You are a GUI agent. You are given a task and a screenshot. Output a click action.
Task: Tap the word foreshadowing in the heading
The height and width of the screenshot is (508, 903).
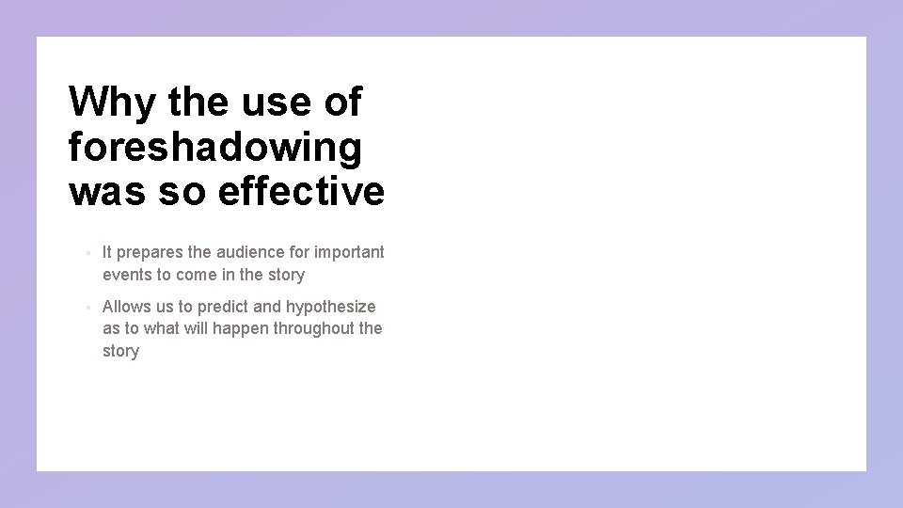[x=214, y=148]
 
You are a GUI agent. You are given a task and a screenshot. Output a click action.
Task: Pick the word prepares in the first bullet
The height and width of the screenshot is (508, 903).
[x=147, y=252]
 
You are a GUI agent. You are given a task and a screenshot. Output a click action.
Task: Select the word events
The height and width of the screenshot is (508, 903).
[x=126, y=275]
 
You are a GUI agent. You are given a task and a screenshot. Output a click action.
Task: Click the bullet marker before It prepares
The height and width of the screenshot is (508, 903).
[x=87, y=253]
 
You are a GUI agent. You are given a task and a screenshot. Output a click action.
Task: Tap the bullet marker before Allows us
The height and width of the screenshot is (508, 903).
[x=87, y=308]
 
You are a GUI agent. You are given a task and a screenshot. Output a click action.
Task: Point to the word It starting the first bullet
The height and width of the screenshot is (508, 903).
[x=107, y=252]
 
